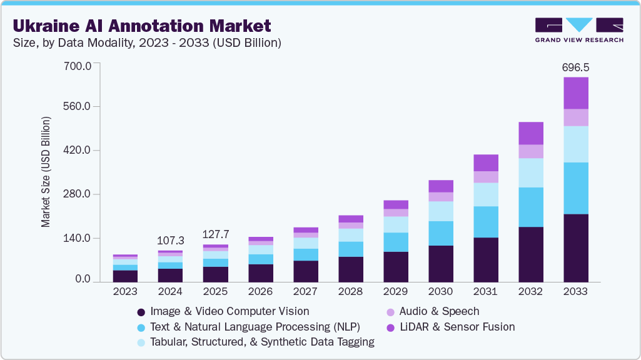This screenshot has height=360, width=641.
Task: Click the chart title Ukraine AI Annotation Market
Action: coord(142,26)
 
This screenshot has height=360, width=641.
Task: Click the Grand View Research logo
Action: coord(578,30)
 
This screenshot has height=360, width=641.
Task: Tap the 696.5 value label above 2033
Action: coord(575,67)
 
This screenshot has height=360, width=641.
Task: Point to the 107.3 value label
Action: coord(170,240)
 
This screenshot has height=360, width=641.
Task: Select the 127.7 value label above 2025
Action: coord(215,234)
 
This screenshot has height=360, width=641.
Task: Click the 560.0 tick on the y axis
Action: coord(78,106)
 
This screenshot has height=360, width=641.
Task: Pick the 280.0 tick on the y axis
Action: coord(78,194)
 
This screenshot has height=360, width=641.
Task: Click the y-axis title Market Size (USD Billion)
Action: coord(46,171)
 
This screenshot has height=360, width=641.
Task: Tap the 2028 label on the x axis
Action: coord(350,291)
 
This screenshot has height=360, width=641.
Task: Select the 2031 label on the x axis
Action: coord(485,291)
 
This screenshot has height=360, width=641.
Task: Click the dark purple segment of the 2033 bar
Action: coord(575,248)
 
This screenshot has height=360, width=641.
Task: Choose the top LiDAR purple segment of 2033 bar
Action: coord(575,93)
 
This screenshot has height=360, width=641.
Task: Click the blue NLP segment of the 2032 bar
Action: coord(530,207)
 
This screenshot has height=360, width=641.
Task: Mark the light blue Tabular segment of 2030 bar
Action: coord(440,211)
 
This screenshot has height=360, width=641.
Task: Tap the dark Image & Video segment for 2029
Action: coord(395,267)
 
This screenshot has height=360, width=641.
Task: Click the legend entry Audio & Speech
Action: coord(439,311)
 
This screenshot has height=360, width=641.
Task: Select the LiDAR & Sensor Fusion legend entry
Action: coord(457,327)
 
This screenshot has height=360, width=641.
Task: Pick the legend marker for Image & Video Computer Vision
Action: coord(141,311)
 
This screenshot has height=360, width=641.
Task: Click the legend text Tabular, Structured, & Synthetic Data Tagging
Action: coord(263,342)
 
